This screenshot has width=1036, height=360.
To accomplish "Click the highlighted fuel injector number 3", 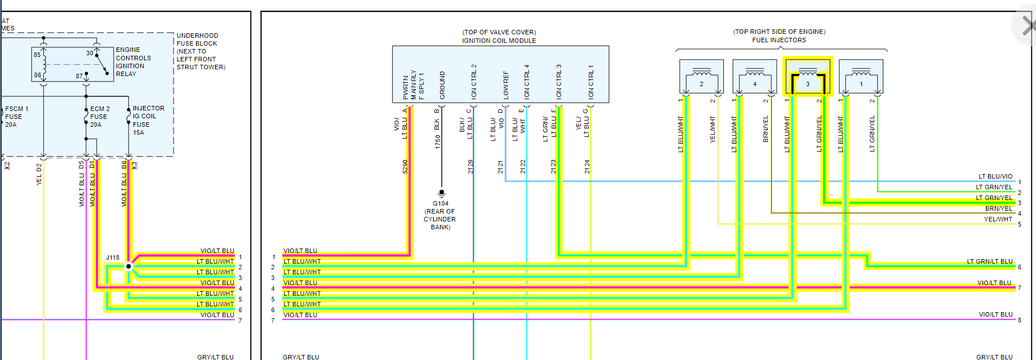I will coord(807,77).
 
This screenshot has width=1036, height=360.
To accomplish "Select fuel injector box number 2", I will coord(701,77).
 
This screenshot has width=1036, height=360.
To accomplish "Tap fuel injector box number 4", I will coord(754,77).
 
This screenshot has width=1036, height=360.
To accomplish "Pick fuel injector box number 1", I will coord(861,77).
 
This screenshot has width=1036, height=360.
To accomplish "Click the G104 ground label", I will coord(441,203).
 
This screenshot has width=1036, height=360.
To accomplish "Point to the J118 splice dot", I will coord(128,266).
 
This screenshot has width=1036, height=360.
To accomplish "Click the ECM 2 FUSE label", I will coord(99,117).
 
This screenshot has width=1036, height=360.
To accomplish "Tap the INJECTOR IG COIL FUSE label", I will coord(148,120).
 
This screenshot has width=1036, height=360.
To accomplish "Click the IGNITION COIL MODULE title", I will coord(499,41).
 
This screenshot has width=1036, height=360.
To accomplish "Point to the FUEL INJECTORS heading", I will coord(779,40).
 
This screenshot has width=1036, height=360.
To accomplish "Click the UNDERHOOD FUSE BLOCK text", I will coord(197,39).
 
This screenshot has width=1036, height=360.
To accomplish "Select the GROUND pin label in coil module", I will coord(442,86).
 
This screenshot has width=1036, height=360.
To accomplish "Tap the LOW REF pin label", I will coord(506,86).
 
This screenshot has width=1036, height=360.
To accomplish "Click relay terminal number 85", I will coord(37,55).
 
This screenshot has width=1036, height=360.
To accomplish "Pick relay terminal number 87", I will coord(79,76).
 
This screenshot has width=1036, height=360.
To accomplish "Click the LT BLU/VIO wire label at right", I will coord(995,176).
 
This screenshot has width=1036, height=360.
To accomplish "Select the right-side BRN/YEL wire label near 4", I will coord(998,208).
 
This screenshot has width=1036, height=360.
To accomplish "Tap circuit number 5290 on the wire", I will coord(405,167).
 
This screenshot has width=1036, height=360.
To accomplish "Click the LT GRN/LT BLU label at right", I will coord(989,261).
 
